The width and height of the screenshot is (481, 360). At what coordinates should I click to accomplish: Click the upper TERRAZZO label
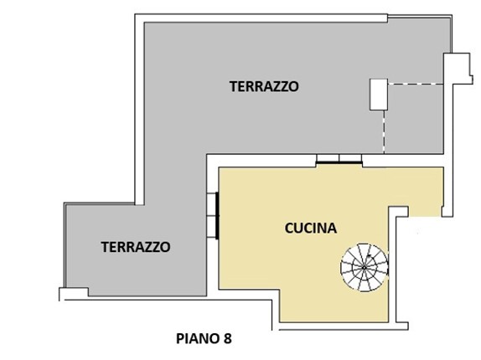click(264, 86)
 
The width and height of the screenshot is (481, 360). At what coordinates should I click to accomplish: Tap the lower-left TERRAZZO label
click(136, 247)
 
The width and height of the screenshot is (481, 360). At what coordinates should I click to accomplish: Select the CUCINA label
click(311, 229)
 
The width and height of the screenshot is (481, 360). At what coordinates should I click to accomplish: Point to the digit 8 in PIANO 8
click(228, 338)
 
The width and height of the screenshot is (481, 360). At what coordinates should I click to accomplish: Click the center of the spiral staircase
click(365, 267)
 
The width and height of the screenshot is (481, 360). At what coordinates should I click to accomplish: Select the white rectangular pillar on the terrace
click(379, 95)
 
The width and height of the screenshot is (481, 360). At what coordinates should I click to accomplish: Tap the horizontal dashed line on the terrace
click(416, 84)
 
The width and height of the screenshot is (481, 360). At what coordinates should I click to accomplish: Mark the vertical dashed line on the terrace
click(384, 131)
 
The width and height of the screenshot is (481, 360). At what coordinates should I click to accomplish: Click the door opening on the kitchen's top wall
click(339, 160)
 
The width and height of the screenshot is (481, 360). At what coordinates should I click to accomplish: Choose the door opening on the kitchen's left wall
click(213, 216)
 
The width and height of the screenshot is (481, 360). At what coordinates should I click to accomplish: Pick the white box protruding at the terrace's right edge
click(458, 69)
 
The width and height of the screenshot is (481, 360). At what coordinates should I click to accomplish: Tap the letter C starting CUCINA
click(289, 229)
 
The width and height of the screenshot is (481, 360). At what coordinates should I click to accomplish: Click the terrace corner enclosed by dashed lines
click(414, 119)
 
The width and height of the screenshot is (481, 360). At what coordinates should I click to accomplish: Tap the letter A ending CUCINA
click(333, 229)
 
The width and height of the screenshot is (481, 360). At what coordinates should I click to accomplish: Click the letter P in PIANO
click(180, 338)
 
